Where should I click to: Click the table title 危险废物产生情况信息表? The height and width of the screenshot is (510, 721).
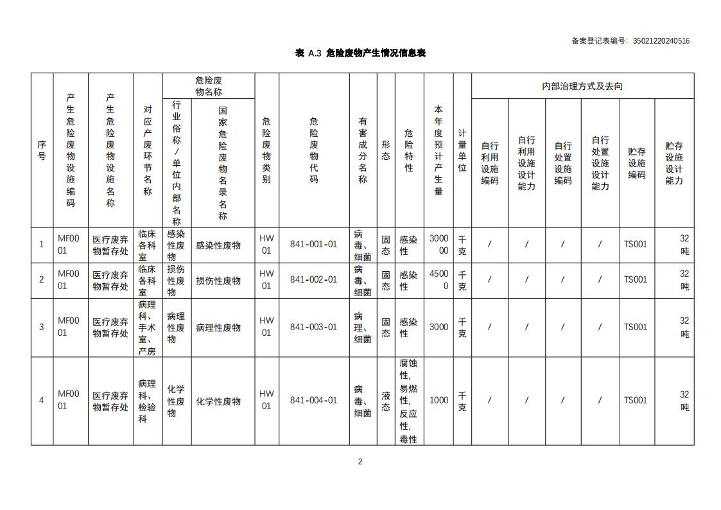(x=360, y=53)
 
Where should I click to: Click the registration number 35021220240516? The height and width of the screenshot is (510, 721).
(x=661, y=41)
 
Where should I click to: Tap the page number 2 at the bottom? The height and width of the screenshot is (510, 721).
(x=360, y=461)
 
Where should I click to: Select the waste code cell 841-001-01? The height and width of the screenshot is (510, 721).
(x=313, y=244)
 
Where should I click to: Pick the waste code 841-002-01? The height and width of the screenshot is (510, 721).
(x=313, y=279)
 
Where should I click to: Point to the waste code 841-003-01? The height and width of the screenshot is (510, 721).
(x=313, y=327)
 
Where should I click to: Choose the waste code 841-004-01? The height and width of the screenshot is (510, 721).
(x=313, y=400)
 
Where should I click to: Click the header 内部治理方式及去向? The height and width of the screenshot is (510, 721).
(x=582, y=86)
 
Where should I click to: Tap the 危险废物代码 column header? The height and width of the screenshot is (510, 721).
(x=313, y=150)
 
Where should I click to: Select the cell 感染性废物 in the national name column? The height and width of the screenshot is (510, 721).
(x=218, y=245)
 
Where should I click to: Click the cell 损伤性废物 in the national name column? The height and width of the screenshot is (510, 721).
(x=218, y=281)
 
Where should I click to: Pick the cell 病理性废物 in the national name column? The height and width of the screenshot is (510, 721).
(x=218, y=328)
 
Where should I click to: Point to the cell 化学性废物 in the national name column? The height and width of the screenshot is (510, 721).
(x=218, y=401)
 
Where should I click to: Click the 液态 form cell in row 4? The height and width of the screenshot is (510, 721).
(x=385, y=400)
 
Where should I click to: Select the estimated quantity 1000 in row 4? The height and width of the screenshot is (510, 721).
(x=439, y=400)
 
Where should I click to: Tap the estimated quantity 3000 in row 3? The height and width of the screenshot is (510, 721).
(x=439, y=327)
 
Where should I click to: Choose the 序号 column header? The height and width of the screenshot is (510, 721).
(x=42, y=150)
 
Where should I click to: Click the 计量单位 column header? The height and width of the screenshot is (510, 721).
(x=462, y=150)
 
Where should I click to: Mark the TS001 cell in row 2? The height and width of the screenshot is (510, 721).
(x=636, y=279)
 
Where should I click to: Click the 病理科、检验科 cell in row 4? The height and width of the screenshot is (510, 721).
(x=147, y=401)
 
